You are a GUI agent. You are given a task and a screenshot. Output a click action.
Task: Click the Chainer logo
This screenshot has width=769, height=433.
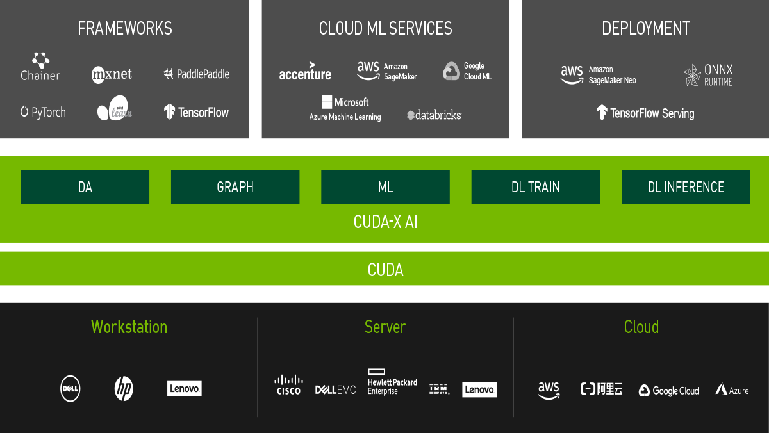point(40,67)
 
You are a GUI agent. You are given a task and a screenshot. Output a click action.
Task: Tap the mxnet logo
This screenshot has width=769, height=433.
point(112,74)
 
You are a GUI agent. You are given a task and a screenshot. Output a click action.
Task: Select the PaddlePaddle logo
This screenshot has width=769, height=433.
point(196,74)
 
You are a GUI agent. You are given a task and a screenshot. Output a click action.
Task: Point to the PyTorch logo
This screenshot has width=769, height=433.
point(43,112)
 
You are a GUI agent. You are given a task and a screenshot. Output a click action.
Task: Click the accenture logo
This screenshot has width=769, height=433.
point(305,72)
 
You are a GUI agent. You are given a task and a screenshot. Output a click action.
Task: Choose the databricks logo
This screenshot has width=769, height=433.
point(434,115)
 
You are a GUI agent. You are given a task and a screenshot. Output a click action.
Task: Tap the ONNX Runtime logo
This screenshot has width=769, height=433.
point(707,75)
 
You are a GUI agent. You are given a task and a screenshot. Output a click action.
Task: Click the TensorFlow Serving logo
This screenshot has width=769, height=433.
point(645,113)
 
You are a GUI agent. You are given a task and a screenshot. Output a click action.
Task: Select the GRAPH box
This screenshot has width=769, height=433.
point(235,187)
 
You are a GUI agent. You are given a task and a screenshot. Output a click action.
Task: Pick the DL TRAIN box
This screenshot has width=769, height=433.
point(535,187)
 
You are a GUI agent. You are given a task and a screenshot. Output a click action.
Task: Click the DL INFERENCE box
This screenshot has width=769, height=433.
point(686,187)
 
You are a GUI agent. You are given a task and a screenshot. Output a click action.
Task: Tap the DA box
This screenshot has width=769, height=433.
point(85,187)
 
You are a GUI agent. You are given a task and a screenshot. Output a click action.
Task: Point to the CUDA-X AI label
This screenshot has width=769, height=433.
point(385,222)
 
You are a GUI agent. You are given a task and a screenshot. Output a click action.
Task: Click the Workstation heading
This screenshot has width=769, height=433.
point(129,327)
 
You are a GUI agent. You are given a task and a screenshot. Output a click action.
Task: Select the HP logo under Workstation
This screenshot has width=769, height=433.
point(124,388)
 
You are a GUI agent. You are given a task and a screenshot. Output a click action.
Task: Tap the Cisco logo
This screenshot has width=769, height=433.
point(288,385)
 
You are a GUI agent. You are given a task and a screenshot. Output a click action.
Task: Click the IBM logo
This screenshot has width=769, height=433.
point(439,389)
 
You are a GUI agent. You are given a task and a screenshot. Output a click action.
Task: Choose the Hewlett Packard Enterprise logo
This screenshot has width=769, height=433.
point(392,382)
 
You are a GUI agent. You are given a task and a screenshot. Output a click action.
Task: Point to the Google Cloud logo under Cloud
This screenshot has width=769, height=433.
point(668,391)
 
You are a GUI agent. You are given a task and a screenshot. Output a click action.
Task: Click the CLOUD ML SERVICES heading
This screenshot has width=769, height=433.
point(385,28)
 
